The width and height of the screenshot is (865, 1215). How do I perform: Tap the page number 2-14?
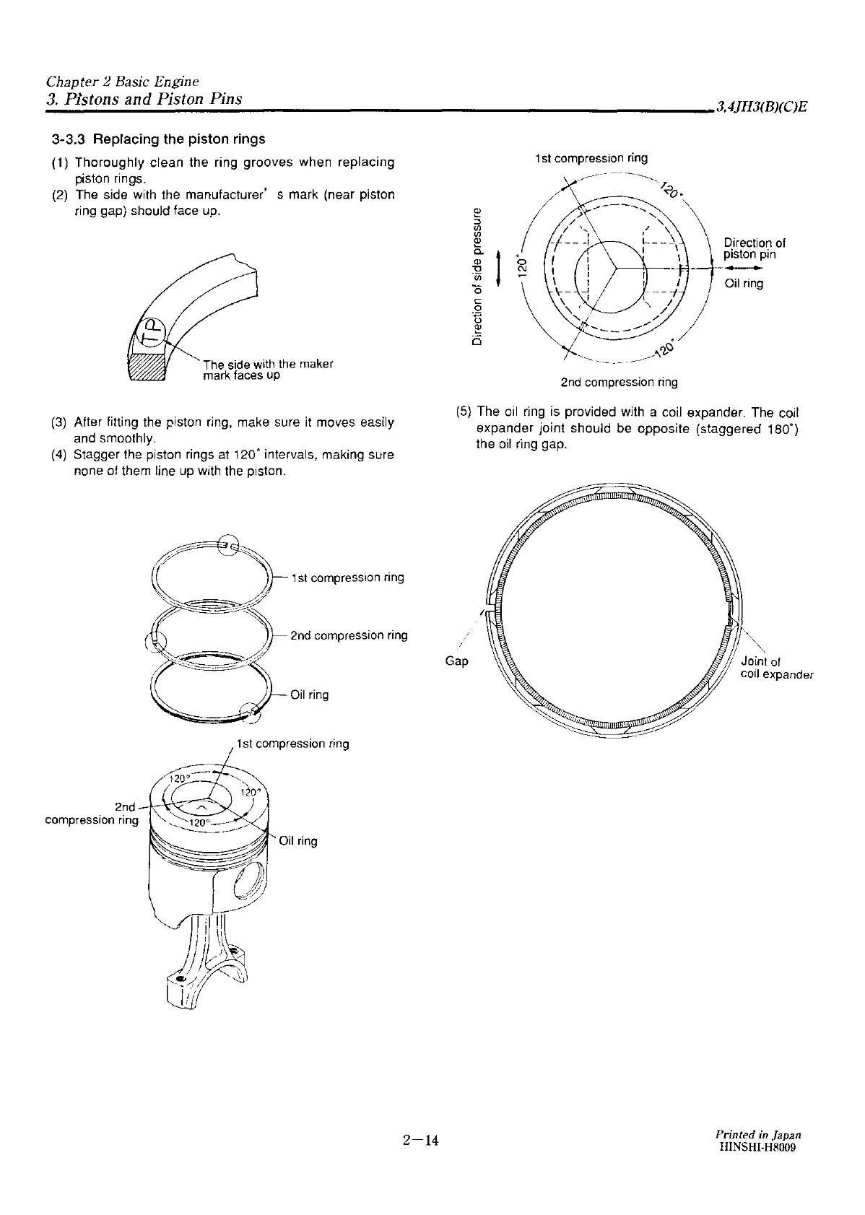421,1141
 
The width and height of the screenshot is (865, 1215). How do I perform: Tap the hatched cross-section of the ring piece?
147,367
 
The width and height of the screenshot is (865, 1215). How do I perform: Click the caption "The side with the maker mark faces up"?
267,370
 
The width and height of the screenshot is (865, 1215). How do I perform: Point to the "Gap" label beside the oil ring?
457,661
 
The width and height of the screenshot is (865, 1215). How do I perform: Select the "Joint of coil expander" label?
776,668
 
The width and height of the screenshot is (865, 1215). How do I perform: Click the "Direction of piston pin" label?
755,248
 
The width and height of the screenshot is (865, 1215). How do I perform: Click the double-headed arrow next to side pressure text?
498,265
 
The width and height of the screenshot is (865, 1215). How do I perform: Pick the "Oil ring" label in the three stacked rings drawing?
309,695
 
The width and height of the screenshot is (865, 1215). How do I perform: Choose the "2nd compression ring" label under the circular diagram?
619,382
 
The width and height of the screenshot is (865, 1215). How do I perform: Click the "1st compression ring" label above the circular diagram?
591,158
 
